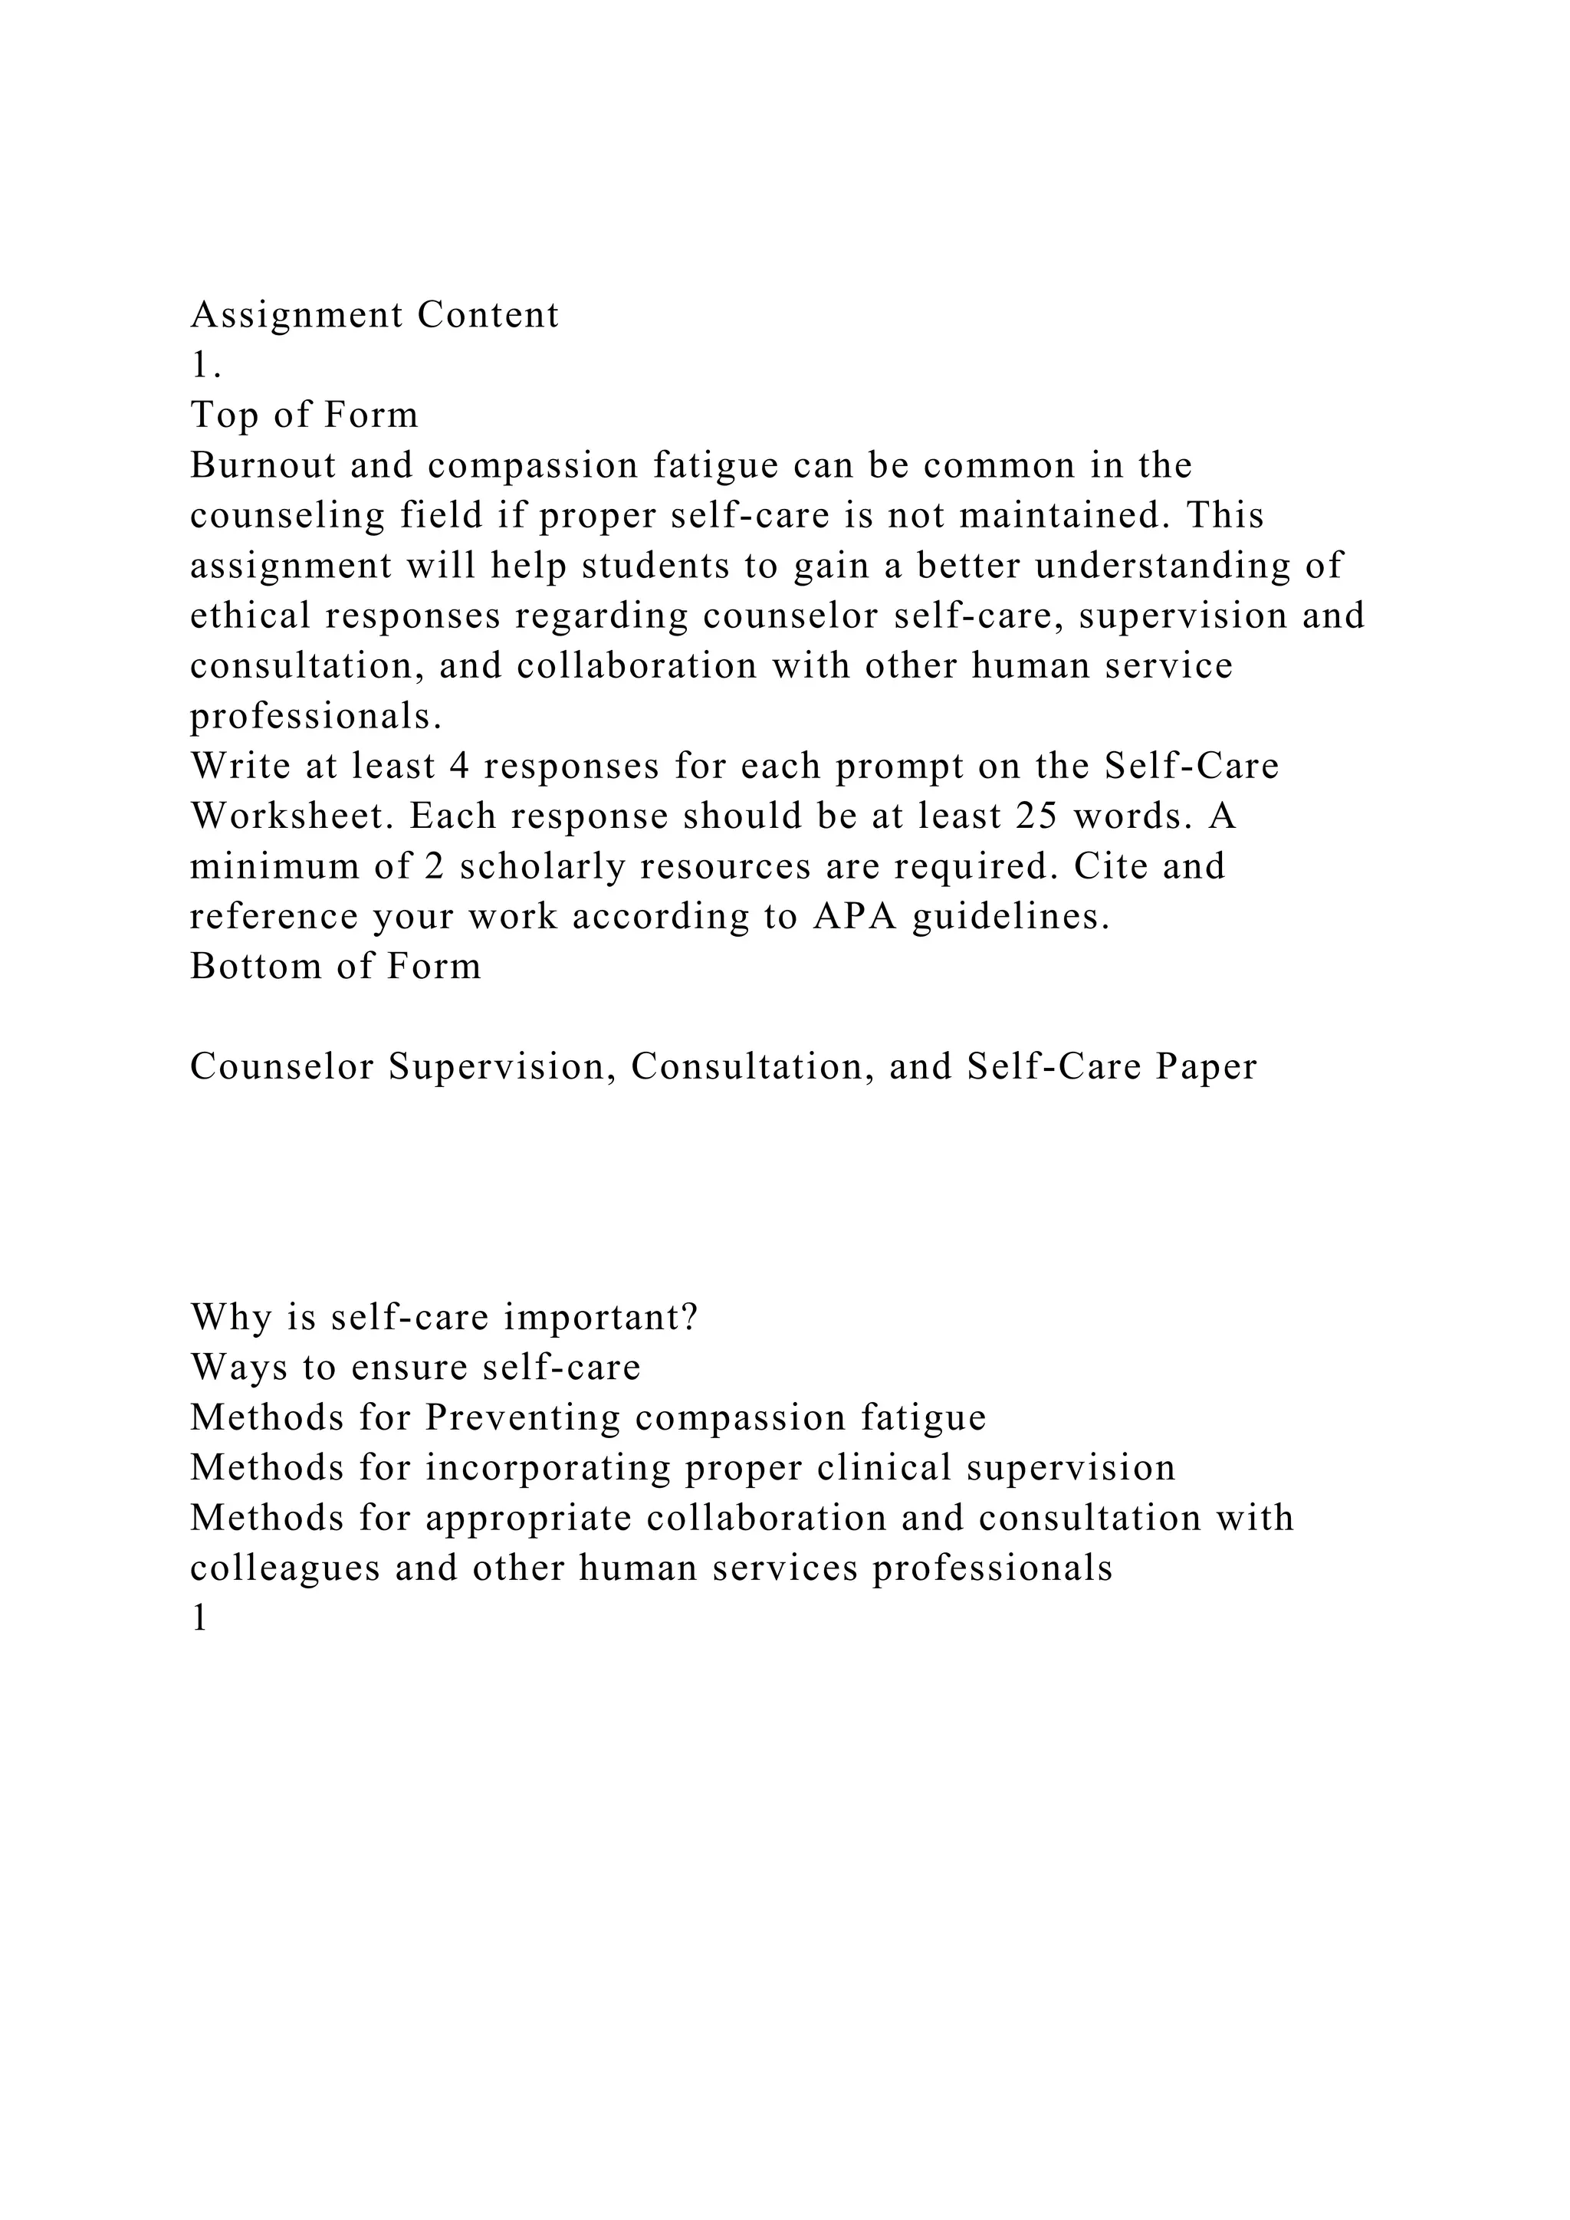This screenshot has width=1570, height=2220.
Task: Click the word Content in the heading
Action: click(x=488, y=315)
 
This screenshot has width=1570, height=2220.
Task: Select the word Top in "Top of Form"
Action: click(x=222, y=415)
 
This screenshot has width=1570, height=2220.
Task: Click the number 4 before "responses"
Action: click(x=459, y=767)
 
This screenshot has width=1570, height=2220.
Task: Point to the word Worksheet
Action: click(x=293, y=817)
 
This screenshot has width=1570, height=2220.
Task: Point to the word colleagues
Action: click(x=285, y=1569)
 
